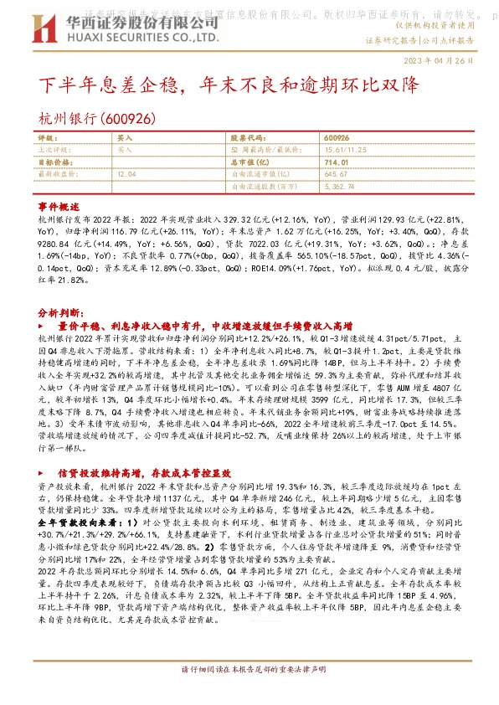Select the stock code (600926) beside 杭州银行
[126, 119]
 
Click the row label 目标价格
[55, 162]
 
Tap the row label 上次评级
[54, 149]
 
